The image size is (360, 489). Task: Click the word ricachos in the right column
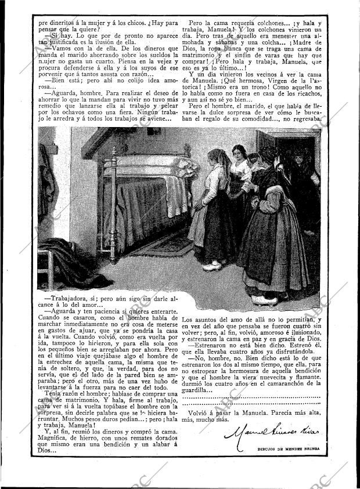coord(303,99)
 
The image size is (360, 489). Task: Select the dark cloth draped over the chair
coord(58,249)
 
